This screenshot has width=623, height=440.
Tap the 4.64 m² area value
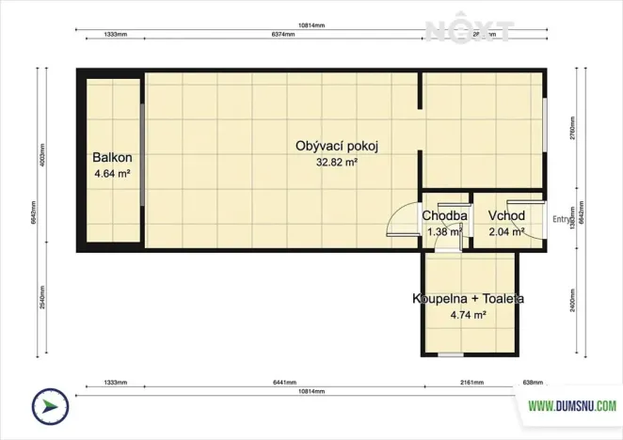(x=111, y=174)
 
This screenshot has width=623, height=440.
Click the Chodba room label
(x=444, y=216)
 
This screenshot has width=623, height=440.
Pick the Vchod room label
(x=505, y=216)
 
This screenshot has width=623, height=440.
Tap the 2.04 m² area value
(x=505, y=232)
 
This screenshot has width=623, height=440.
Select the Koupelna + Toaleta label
(x=468, y=299)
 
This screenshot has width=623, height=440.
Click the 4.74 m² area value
(x=468, y=316)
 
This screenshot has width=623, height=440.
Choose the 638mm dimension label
(x=533, y=384)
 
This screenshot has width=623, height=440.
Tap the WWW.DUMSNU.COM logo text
(x=571, y=406)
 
